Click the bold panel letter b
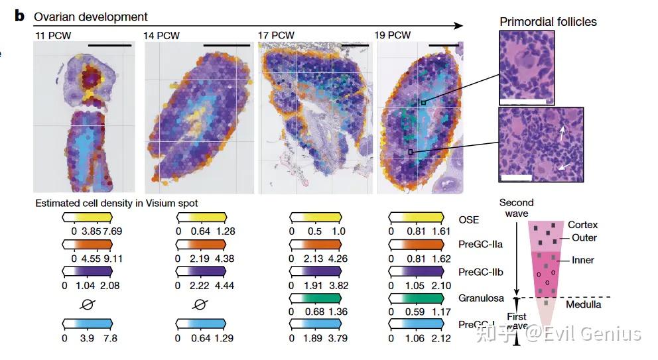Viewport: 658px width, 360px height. (x=19, y=15)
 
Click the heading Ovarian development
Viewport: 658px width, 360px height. (x=91, y=17)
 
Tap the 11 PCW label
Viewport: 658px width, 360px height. (x=51, y=34)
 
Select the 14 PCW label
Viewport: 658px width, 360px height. (x=162, y=34)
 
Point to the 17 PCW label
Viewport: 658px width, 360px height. (x=276, y=34)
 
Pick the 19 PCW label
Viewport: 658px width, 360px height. (x=393, y=34)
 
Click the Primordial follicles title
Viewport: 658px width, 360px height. (x=548, y=22)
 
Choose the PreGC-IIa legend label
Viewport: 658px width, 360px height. (x=480, y=245)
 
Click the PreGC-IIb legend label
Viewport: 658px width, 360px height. (x=480, y=272)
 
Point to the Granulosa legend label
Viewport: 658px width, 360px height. (x=480, y=298)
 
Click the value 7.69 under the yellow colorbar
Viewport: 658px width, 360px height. (x=111, y=231)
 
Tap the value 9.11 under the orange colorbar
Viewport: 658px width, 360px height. (x=111, y=258)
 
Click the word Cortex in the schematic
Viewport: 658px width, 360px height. (x=582, y=225)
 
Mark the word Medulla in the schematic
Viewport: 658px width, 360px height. (x=584, y=304)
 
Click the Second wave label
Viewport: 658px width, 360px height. (x=516, y=208)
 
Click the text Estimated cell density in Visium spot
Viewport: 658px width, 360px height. (x=117, y=204)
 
